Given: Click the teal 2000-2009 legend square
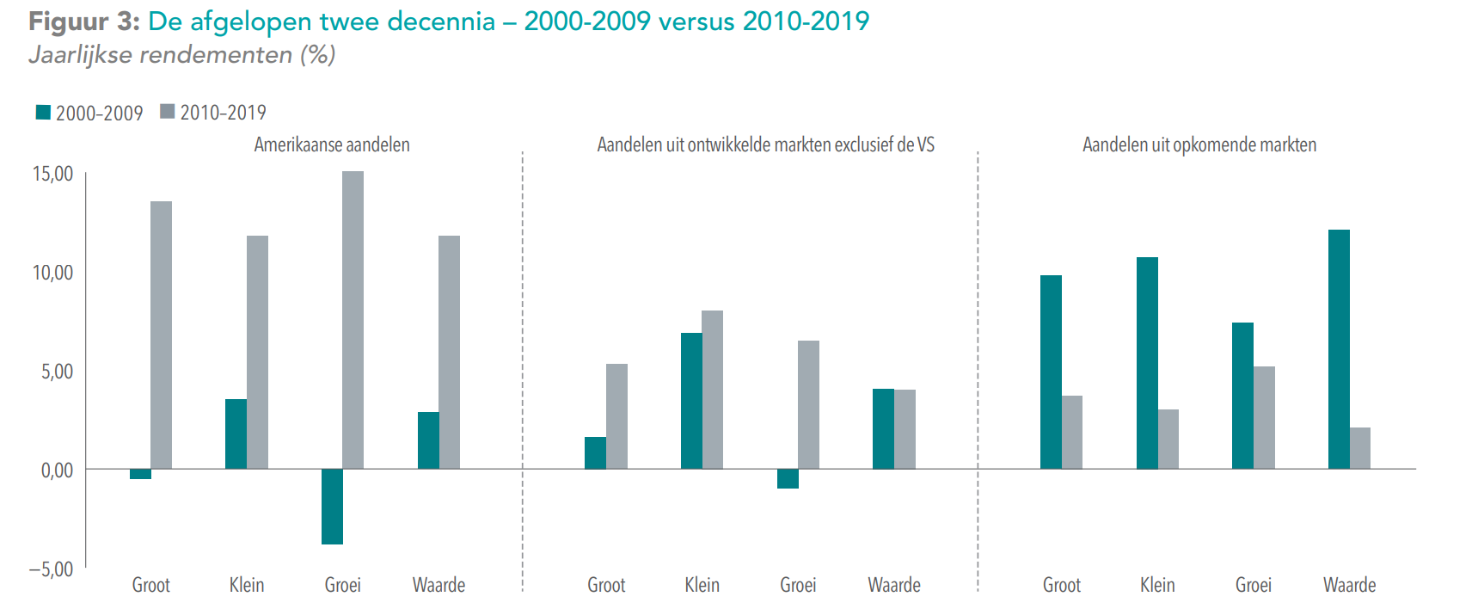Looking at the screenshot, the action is click(x=43, y=112).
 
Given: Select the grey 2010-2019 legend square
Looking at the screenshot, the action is click(x=168, y=112).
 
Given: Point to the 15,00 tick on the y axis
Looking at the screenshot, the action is click(x=53, y=174).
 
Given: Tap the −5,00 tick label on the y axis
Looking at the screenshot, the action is click(x=52, y=569).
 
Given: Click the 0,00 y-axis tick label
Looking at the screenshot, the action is click(x=58, y=470).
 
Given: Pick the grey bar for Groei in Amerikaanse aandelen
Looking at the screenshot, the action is click(x=353, y=320).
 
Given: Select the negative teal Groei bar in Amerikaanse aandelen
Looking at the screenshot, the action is click(x=332, y=507).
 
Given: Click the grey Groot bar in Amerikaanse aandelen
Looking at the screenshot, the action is click(x=161, y=335).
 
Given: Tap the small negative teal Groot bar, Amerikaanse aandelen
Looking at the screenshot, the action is click(x=140, y=474).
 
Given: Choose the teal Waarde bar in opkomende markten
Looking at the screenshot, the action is click(x=1339, y=349).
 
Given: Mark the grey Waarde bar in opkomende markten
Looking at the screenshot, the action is click(x=1360, y=448).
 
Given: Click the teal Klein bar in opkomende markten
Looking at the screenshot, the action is click(x=1147, y=363).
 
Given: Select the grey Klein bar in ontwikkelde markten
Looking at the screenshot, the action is click(x=713, y=390).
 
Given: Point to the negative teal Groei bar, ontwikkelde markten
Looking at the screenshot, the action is click(x=788, y=478).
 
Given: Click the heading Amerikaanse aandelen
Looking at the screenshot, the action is click(x=332, y=145).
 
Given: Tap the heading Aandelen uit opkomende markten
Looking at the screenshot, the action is click(x=1199, y=145).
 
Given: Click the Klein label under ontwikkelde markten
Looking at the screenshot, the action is click(x=702, y=585).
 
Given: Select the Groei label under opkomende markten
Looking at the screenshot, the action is click(x=1254, y=585).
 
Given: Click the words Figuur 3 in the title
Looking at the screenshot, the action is click(x=83, y=21).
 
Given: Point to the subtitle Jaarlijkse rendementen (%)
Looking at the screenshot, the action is click(x=181, y=55).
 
